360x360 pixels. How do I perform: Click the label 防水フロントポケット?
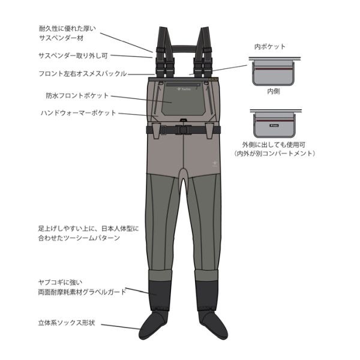[x=77, y=95]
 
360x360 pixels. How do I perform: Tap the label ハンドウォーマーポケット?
[x=79, y=113]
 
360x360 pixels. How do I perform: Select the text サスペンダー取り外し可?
[x=73, y=56]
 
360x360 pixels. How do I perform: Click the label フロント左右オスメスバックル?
[x=83, y=74]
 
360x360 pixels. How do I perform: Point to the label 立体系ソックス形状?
[x=67, y=323]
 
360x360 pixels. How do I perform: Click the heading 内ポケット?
[x=270, y=47]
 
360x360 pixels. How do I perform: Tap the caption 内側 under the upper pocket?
[x=274, y=91]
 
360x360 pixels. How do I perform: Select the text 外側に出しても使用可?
[x=274, y=145]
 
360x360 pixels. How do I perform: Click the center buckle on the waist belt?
[x=183, y=130]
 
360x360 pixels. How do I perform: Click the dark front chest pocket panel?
[x=184, y=99]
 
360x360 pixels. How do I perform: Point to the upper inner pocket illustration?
[x=274, y=71]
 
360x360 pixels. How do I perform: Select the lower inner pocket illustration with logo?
[x=275, y=124]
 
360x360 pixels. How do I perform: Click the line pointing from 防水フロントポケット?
[x=142, y=99]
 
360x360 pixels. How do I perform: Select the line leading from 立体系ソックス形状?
[x=121, y=327]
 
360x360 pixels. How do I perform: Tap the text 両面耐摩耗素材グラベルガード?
[x=82, y=292]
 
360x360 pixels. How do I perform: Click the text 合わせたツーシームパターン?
[x=79, y=238]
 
